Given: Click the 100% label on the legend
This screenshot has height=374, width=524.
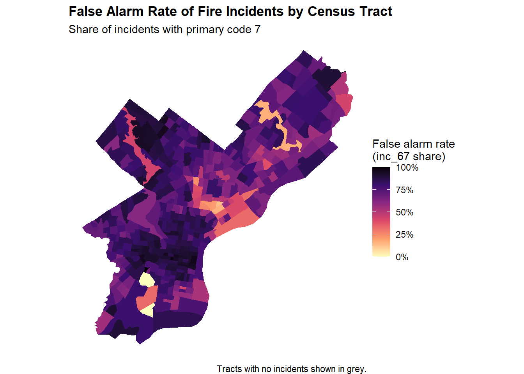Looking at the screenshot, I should click(x=407, y=168).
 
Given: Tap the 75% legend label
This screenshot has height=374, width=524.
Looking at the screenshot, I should click(x=404, y=190).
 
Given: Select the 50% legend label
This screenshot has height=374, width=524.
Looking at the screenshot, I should click(x=404, y=212).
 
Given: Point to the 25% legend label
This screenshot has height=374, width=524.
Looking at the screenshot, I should click(x=404, y=235).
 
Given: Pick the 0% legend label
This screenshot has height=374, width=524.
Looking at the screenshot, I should click(x=402, y=257).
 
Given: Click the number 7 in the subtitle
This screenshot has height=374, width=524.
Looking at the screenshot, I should click(x=257, y=30).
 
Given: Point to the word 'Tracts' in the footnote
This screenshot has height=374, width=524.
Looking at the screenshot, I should click(x=229, y=369).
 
